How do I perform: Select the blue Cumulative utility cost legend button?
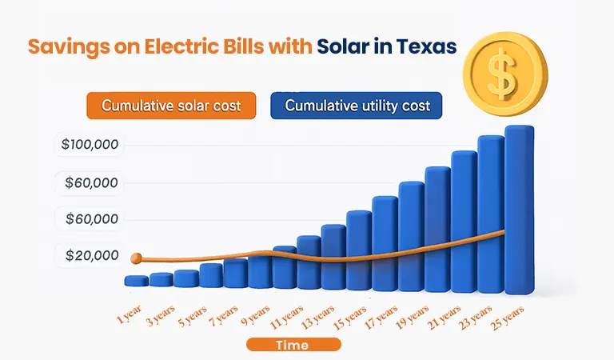pos(357,106)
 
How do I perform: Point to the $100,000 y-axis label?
pos(90,146)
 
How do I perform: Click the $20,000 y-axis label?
pos(90,256)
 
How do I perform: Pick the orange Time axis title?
pos(293,345)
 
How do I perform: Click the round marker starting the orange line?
pos(136,258)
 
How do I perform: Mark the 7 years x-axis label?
pos(223,314)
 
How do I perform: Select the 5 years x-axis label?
pos(192,314)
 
